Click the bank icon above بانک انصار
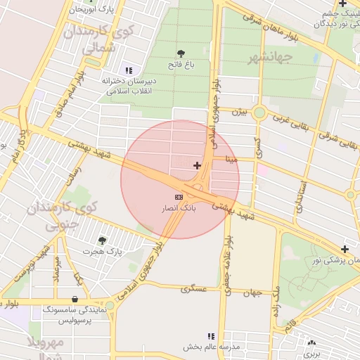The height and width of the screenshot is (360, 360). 179,197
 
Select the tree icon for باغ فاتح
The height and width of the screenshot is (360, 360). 182,53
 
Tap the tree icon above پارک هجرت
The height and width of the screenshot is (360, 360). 102,240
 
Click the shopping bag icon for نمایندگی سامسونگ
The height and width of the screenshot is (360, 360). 75,299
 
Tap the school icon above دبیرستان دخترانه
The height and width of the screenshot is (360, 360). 128,70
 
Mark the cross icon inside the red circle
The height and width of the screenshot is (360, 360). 197,165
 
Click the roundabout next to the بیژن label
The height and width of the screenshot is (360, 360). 259,112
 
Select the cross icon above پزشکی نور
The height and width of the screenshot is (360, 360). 345,249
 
